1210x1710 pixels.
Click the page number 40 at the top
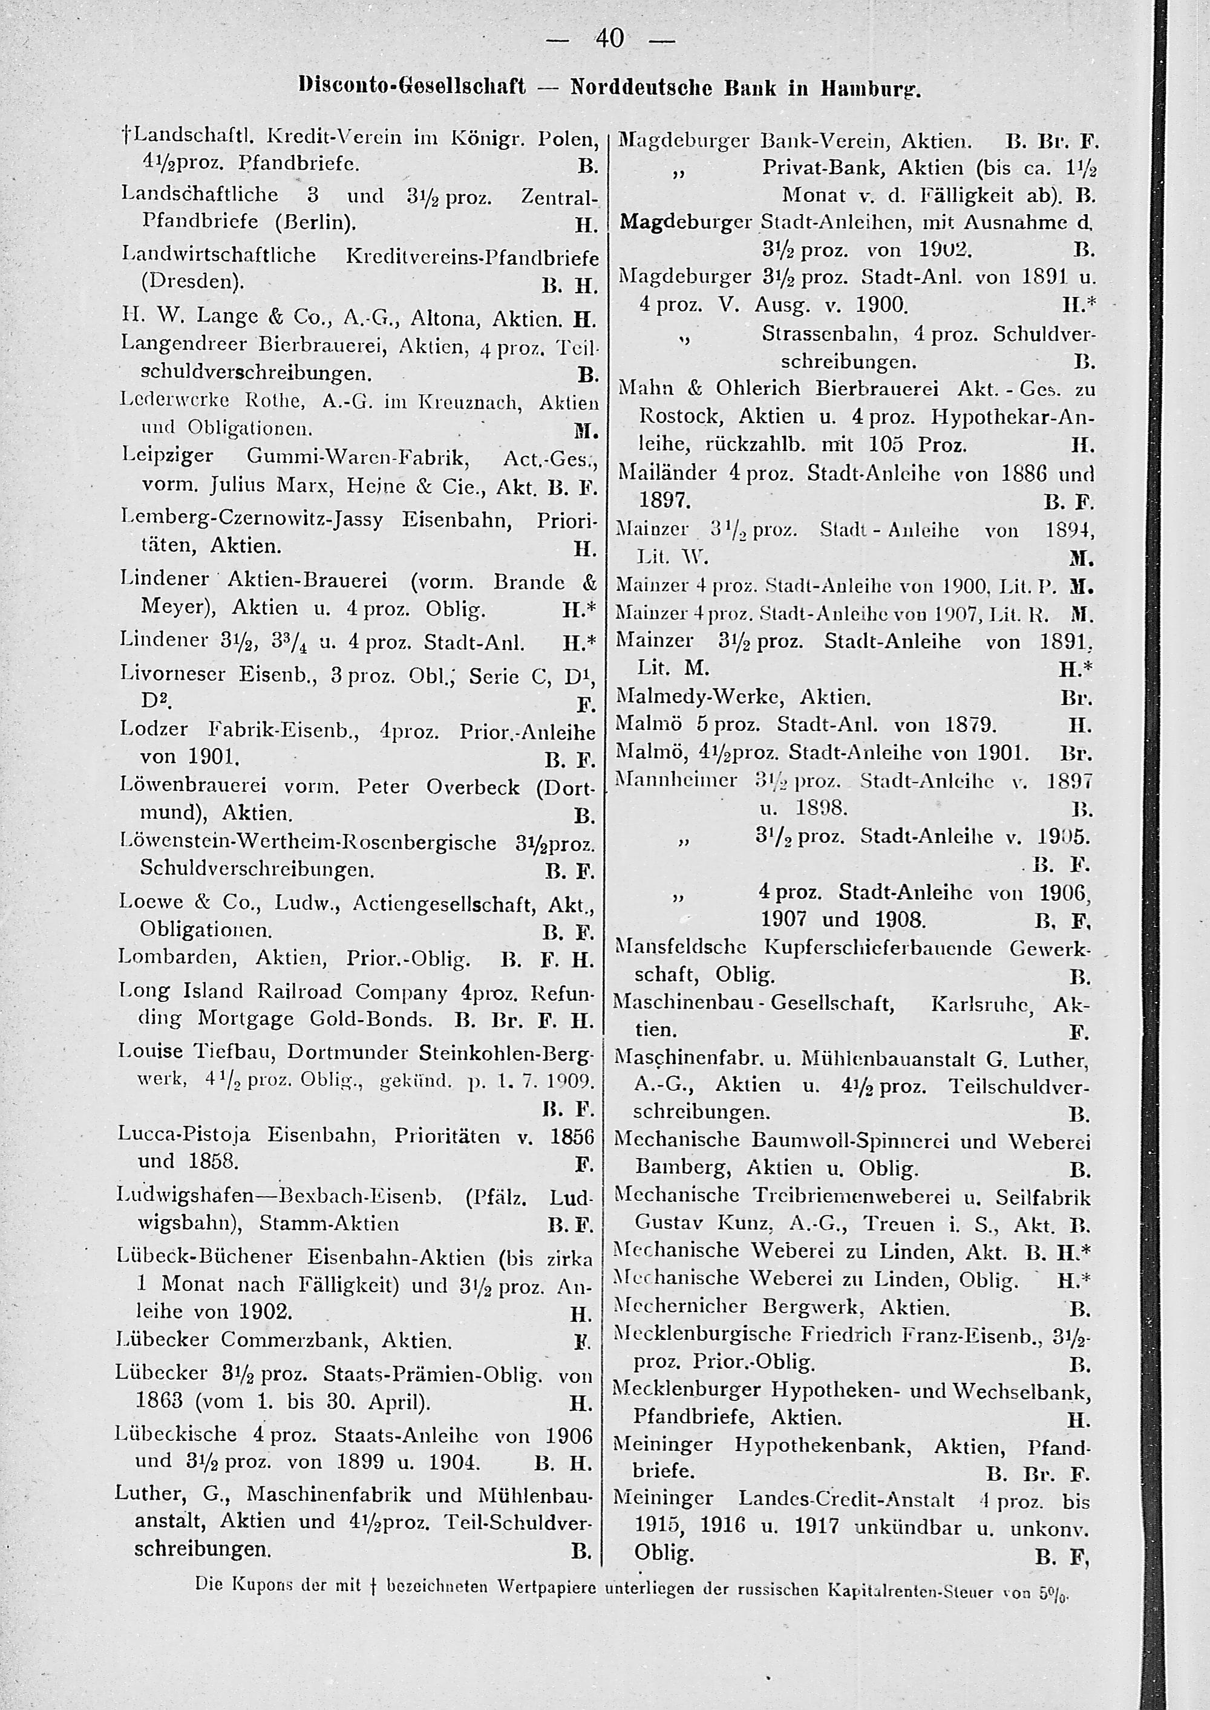click(x=609, y=37)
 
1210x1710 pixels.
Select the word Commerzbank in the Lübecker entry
click(x=294, y=1341)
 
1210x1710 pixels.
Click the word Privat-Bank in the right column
click(x=825, y=167)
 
